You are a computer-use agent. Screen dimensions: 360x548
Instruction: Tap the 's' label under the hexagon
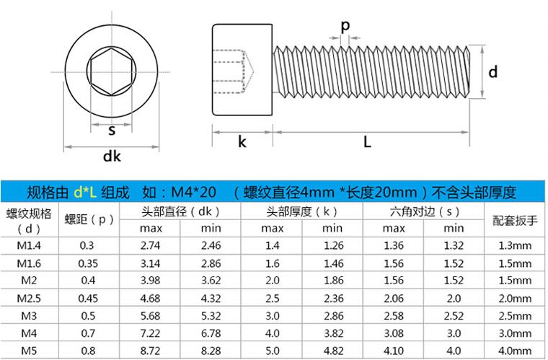pyautogui.click(x=112, y=131)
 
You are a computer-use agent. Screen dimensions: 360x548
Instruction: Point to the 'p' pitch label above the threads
pyautogui.click(x=345, y=25)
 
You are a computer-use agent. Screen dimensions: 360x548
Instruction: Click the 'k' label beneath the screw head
pyautogui.click(x=242, y=142)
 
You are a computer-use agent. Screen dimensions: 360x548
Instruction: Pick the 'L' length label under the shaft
pyautogui.click(x=367, y=142)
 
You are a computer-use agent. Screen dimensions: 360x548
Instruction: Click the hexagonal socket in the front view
pyautogui.click(x=111, y=71)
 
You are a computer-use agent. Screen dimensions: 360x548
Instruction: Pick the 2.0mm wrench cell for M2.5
pyautogui.click(x=514, y=297)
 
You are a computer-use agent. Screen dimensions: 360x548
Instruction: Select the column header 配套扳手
pyautogui.click(x=514, y=220)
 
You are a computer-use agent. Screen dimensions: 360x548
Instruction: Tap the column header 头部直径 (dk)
pyautogui.click(x=180, y=211)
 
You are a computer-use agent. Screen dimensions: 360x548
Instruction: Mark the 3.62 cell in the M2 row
pyautogui.click(x=211, y=280)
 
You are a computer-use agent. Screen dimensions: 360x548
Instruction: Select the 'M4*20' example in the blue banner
pyautogui.click(x=194, y=192)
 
